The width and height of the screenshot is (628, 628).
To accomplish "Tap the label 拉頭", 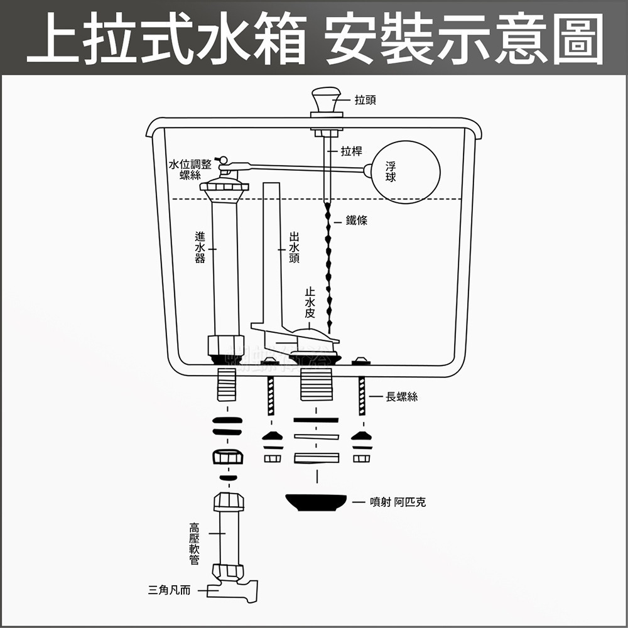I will pyautogui.click(x=365, y=100).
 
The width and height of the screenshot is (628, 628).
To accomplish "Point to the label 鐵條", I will pyautogui.click(x=357, y=220).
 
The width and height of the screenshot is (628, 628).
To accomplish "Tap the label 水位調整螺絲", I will pyautogui.click(x=190, y=170).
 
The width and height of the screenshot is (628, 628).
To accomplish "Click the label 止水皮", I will pyautogui.click(x=310, y=303).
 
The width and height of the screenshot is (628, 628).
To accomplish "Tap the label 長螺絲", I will pyautogui.click(x=402, y=396).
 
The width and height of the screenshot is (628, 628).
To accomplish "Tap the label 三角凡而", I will pyautogui.click(x=170, y=590).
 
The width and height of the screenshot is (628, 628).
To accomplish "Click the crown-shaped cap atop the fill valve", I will pyautogui.click(x=224, y=185).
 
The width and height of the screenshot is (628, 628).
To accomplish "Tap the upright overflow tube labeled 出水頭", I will pyautogui.click(x=271, y=251).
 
